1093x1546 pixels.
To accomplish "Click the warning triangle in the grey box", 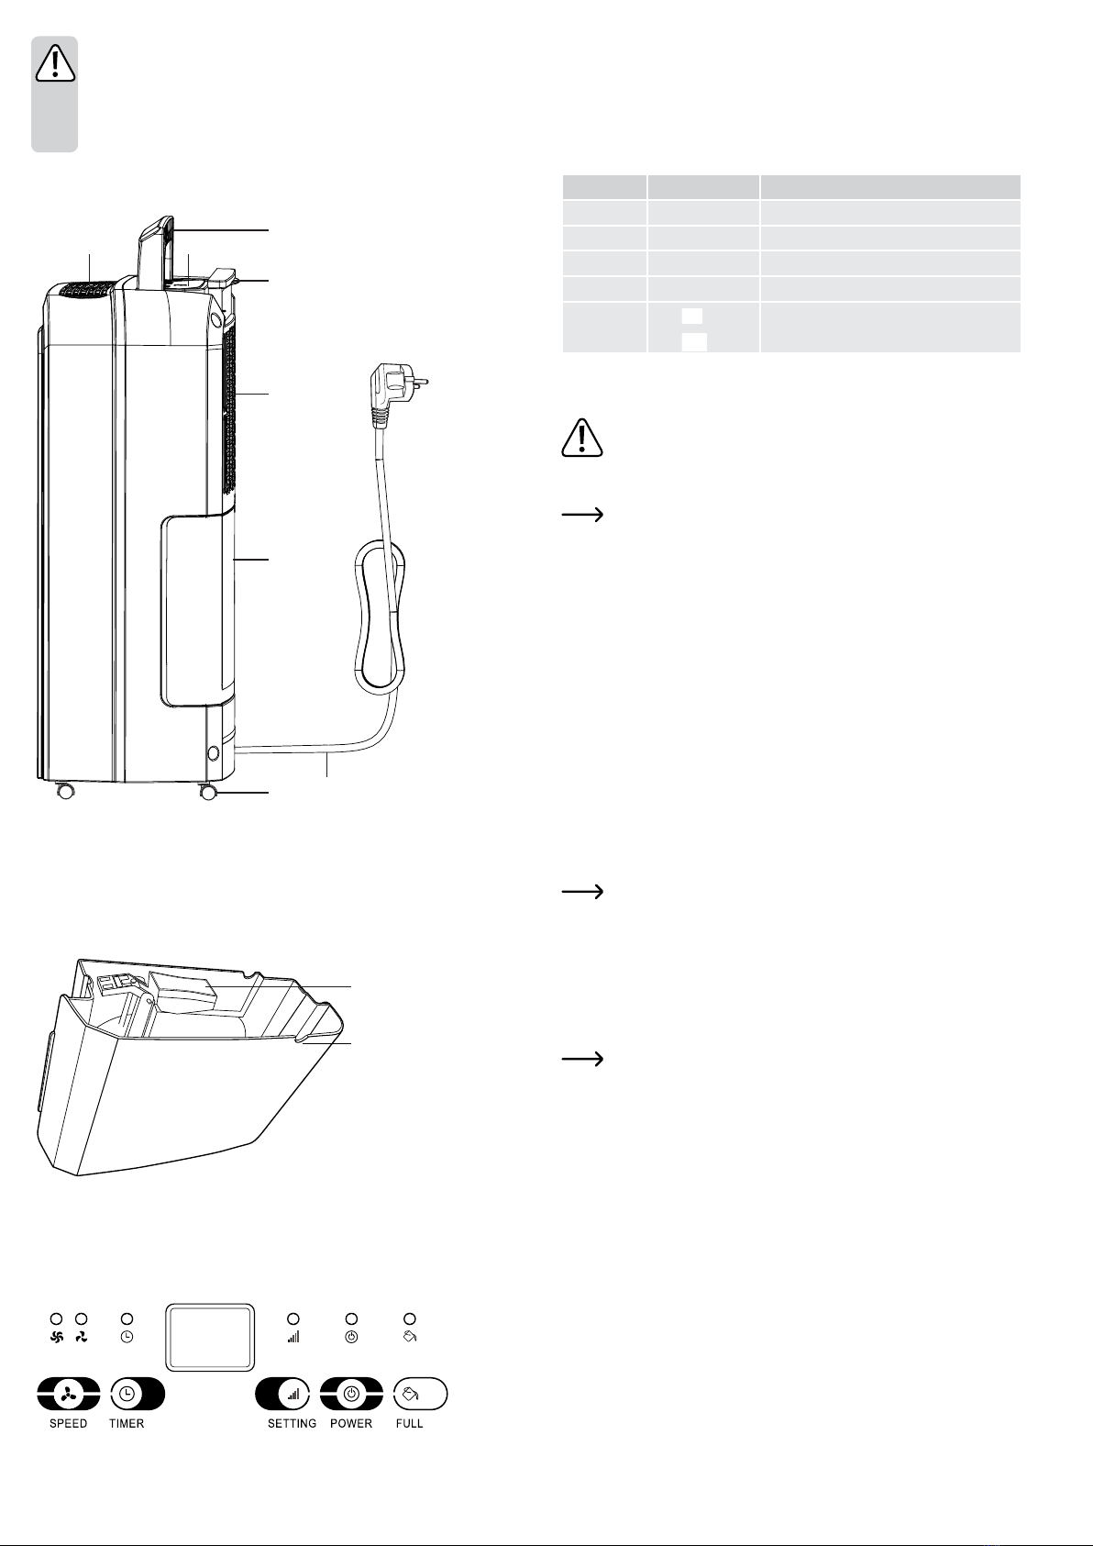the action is click(x=55, y=62).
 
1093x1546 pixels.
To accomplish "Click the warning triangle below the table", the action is click(x=582, y=438).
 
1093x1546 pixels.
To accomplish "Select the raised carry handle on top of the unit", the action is click(x=156, y=251).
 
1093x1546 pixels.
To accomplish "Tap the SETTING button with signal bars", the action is click(x=282, y=1394).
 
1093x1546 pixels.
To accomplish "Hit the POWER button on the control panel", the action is click(x=351, y=1394).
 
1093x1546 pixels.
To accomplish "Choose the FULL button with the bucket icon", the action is click(x=420, y=1394).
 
